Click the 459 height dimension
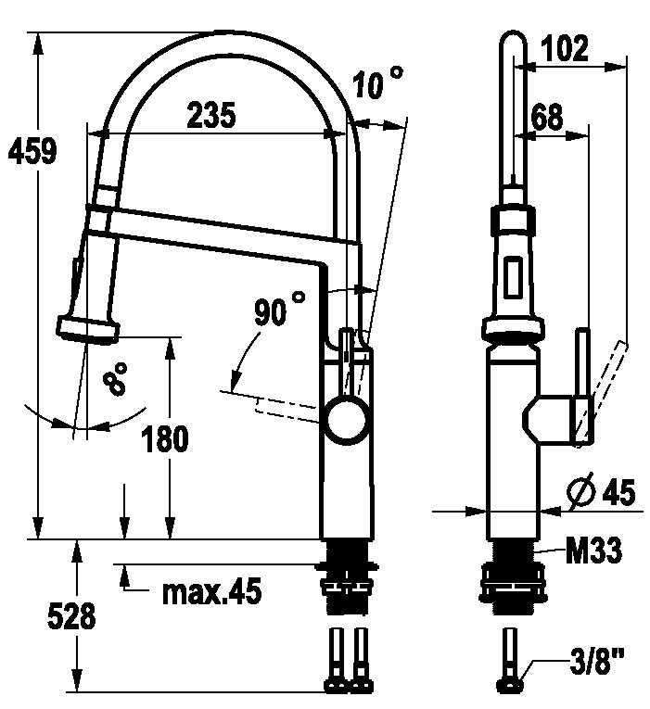[33, 150]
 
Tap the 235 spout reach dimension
[211, 115]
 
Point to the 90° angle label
[279, 309]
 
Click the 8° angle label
[115, 379]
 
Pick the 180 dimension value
[165, 438]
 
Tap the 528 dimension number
[71, 615]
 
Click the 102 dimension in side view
[565, 47]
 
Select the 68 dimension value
[547, 116]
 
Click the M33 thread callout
[593, 550]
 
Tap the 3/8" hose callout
[596, 661]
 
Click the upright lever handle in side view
[582, 386]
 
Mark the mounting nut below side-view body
[513, 587]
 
